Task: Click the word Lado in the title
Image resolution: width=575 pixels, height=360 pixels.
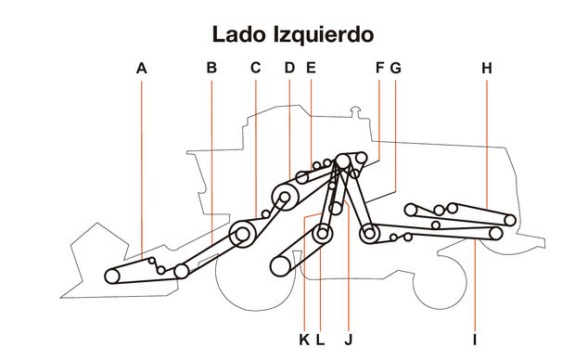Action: [238, 35]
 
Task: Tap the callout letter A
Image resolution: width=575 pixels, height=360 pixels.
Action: [141, 68]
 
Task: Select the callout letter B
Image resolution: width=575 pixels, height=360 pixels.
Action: [211, 68]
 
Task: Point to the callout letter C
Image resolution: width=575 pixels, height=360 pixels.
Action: [255, 68]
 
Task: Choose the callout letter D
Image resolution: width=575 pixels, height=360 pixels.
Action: [289, 68]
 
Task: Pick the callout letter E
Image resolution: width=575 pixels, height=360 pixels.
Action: [310, 68]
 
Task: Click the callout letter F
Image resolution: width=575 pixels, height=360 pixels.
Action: [379, 68]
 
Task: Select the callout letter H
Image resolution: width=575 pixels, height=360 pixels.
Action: [487, 68]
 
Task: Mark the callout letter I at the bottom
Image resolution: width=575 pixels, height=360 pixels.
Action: [474, 340]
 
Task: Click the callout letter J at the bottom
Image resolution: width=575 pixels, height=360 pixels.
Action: [348, 340]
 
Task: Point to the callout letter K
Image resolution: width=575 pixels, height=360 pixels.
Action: [304, 340]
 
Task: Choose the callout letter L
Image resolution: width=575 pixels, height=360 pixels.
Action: [320, 340]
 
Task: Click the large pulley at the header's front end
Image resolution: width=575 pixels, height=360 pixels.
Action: [113, 276]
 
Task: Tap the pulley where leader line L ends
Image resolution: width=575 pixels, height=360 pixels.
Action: [323, 234]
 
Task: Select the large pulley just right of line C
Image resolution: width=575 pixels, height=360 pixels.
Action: [243, 236]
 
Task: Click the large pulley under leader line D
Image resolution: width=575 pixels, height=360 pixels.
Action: [284, 197]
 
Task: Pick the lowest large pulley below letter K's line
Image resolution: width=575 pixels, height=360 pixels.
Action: [281, 267]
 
